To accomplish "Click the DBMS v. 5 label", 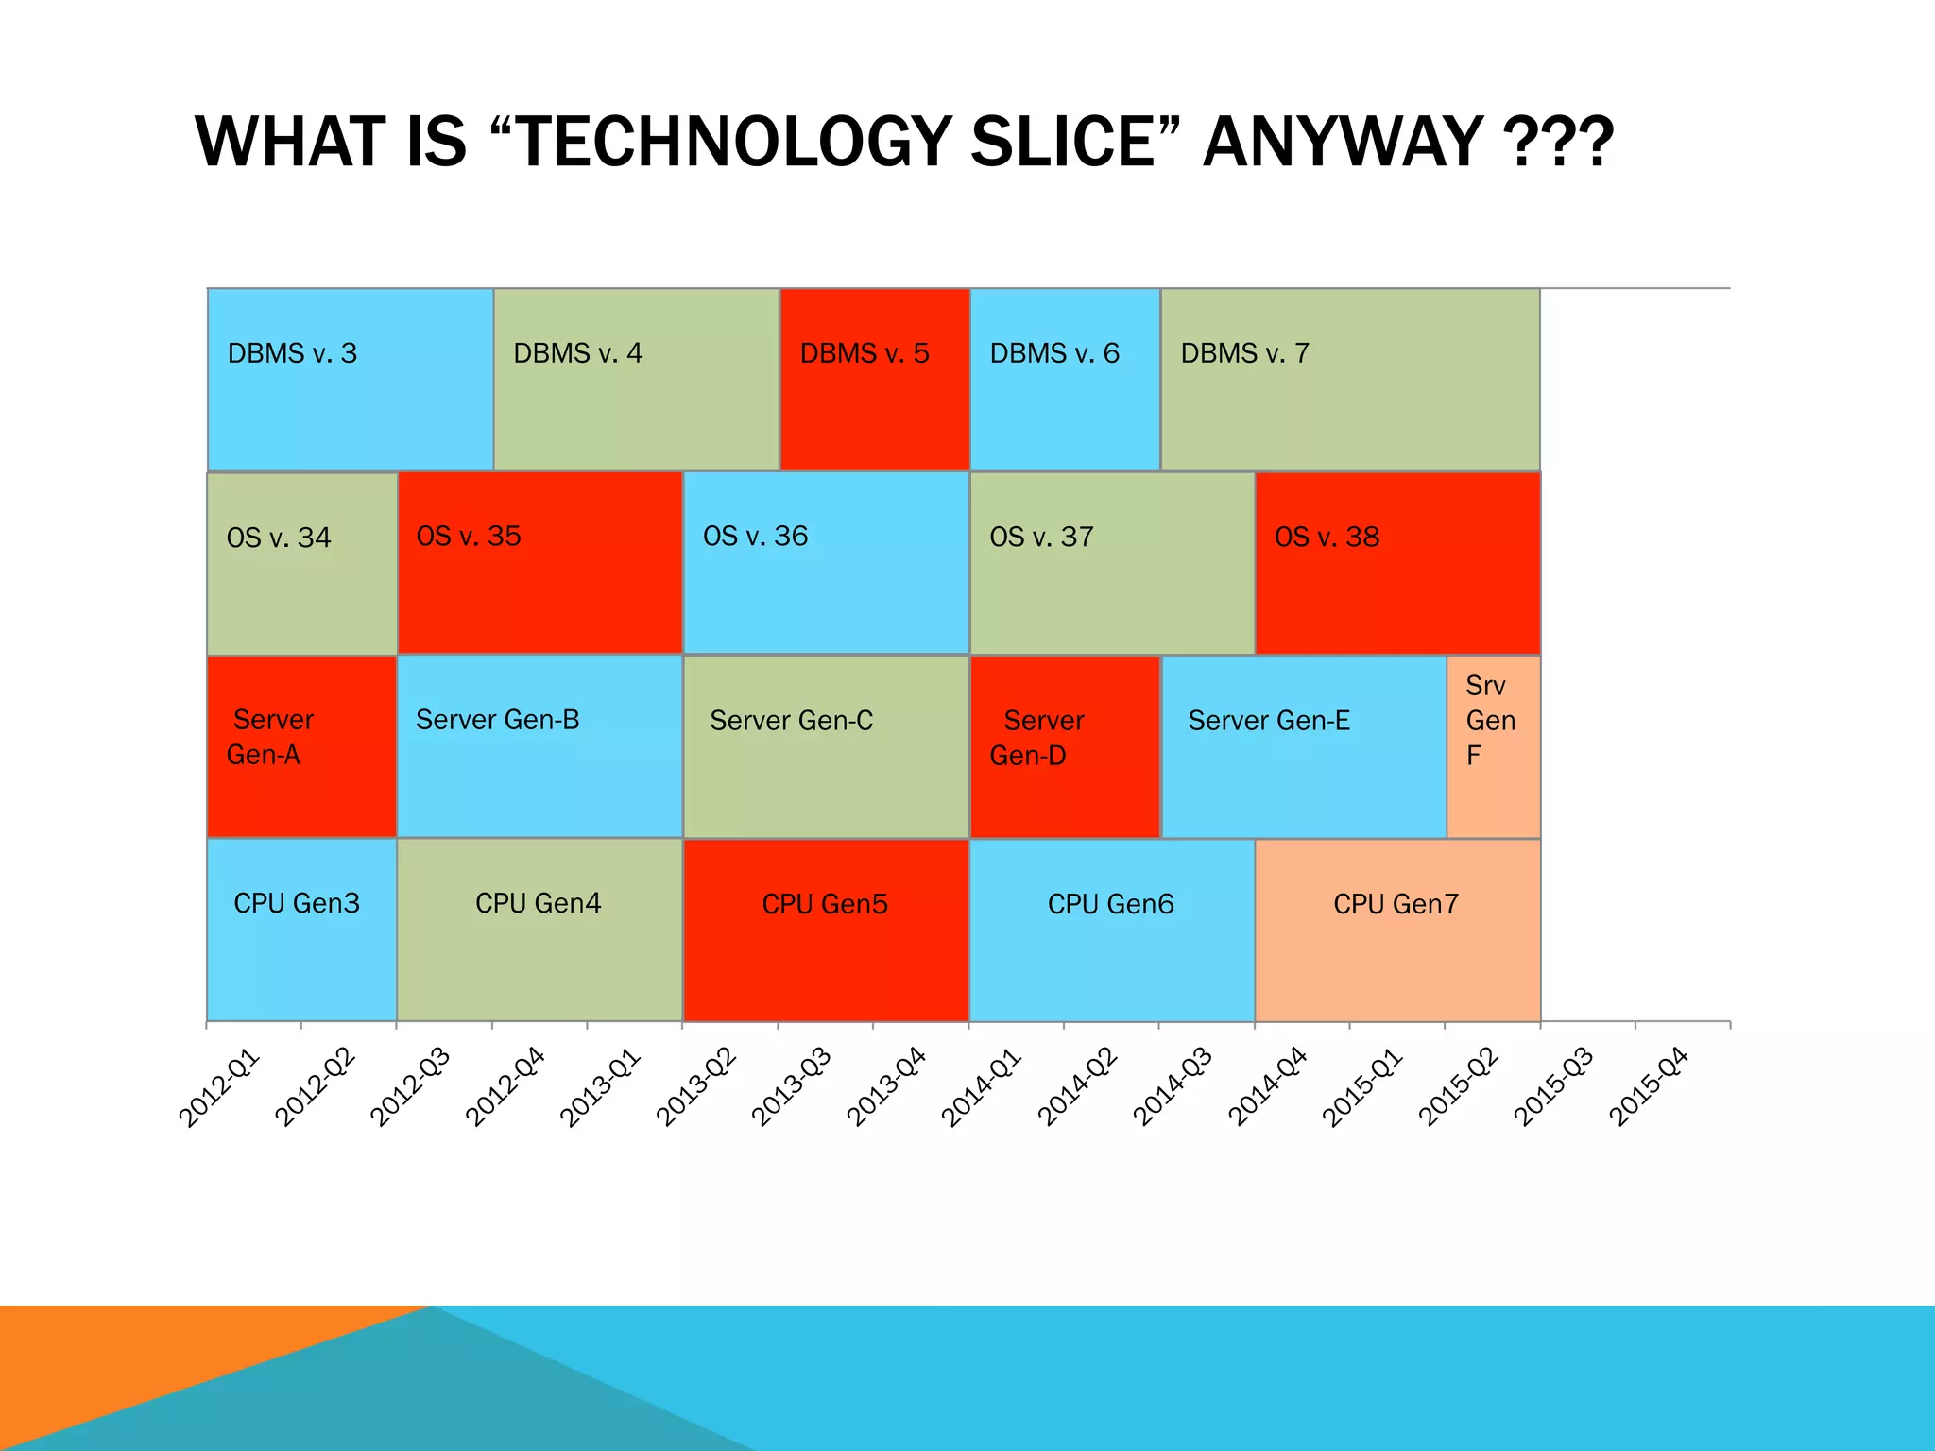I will pyautogui.click(x=865, y=353).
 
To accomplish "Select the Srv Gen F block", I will pyautogui.click(x=1493, y=746).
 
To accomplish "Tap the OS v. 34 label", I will pyautogui.click(x=279, y=538).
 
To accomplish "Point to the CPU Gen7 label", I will pyautogui.click(x=1396, y=904).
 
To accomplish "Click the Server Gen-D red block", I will pyautogui.click(x=1064, y=746).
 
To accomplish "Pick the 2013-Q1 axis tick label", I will pyautogui.click(x=601, y=1087).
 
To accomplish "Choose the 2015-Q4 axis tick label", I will pyautogui.click(x=1649, y=1087).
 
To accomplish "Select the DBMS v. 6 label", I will pyautogui.click(x=1054, y=353).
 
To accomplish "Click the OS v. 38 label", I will pyautogui.click(x=1327, y=537).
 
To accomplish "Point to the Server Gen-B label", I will pyautogui.click(x=497, y=720).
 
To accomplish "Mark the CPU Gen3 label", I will pyautogui.click(x=297, y=903).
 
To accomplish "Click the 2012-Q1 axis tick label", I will pyautogui.click(x=219, y=1087).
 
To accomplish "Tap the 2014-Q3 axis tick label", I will pyautogui.click(x=1173, y=1087).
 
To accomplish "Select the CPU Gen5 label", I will pyautogui.click(x=825, y=904).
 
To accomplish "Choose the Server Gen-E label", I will pyautogui.click(x=1269, y=721).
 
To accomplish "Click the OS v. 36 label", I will pyautogui.click(x=755, y=536).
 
